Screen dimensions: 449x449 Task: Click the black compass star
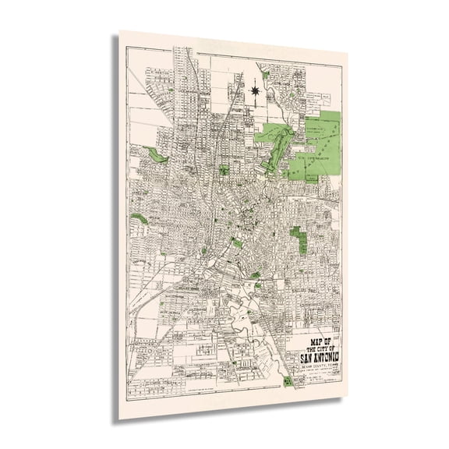pos(254,91)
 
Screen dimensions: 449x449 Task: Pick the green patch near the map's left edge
pos(140,219)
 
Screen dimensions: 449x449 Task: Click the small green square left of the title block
pos(288,380)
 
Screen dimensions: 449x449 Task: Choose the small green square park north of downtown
pos(224,169)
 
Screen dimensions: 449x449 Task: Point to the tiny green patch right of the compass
pos(265,76)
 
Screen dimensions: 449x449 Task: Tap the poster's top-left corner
pos(119,31)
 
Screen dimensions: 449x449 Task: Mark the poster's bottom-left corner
pos(119,418)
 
